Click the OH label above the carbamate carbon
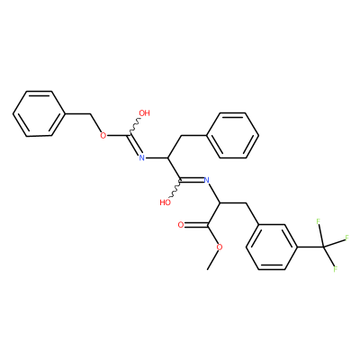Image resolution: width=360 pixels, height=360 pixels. click(x=144, y=113)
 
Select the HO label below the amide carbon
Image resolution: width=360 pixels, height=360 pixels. click(x=166, y=202)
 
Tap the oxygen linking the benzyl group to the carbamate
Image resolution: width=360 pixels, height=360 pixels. click(x=103, y=136)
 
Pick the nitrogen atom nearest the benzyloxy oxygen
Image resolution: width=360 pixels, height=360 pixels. click(x=142, y=157)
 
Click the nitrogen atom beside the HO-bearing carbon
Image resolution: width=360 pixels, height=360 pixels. click(x=206, y=180)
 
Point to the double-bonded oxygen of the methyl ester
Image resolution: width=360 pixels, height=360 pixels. click(x=181, y=225)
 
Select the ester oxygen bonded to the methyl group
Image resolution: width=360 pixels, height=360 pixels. click(x=220, y=247)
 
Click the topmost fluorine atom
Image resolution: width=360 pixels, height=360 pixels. click(x=319, y=222)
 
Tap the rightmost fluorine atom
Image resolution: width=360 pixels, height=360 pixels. click(x=347, y=238)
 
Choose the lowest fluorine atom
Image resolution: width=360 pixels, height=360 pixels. click(x=336, y=269)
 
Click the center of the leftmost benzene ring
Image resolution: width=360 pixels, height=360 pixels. click(x=39, y=113)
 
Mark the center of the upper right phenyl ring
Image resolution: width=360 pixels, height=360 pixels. click(x=232, y=135)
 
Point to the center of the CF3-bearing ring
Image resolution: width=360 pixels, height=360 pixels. click(x=272, y=247)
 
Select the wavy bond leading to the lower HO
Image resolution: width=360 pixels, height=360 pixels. click(x=175, y=189)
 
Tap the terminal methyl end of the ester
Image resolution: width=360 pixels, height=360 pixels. click(x=207, y=270)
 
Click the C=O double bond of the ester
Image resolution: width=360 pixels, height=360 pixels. click(x=195, y=225)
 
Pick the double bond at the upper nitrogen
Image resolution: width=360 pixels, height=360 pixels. click(x=136, y=145)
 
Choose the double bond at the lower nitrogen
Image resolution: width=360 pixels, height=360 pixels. click(x=192, y=180)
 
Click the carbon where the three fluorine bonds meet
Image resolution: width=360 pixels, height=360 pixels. click(x=323, y=247)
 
